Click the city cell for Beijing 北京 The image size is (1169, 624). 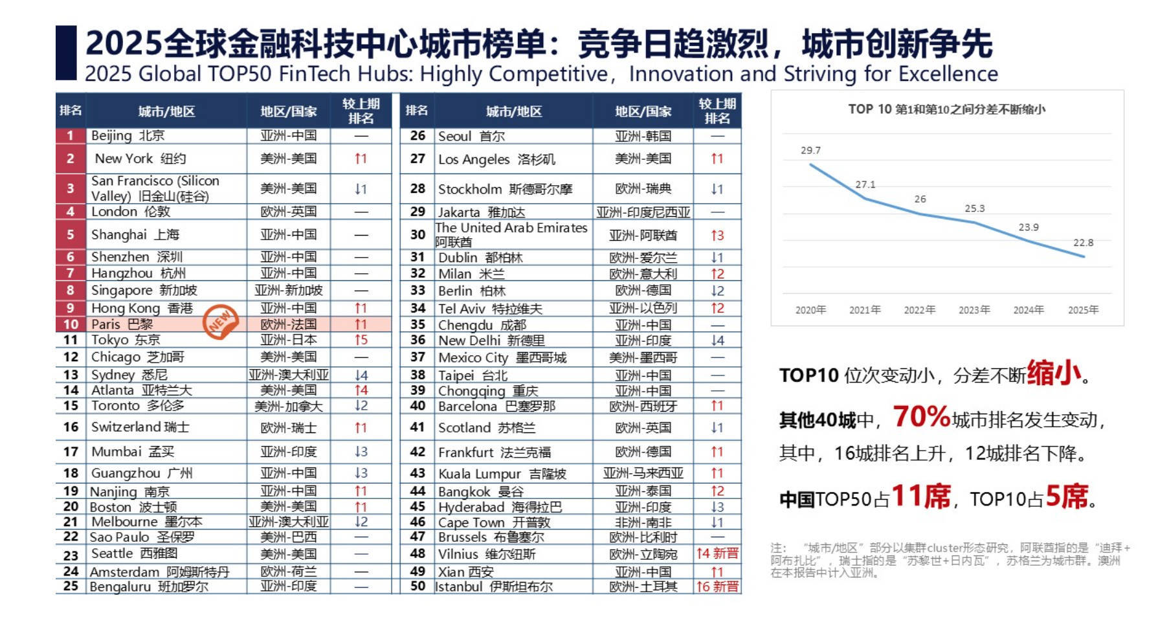click(x=128, y=136)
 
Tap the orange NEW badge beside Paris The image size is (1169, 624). click(x=221, y=321)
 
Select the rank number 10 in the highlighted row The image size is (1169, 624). click(x=71, y=324)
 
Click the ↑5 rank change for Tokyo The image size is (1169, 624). click(x=361, y=340)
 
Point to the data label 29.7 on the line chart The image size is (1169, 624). click(x=810, y=150)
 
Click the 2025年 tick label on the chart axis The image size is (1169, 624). click(x=1083, y=310)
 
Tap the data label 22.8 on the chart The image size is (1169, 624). click(x=1083, y=243)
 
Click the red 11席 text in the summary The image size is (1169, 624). click(x=921, y=497)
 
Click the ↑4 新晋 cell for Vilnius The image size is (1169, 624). click(x=717, y=553)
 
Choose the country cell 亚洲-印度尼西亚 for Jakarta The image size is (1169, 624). click(x=643, y=212)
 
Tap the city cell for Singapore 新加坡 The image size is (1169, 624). click(x=144, y=291)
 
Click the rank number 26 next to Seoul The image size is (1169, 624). click(x=417, y=136)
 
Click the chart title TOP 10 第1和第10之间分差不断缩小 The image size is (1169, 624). click(x=946, y=109)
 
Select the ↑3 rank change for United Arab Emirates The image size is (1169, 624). click(x=717, y=236)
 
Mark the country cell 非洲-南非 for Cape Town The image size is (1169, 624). click(x=643, y=522)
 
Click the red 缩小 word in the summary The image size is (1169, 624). click(x=1054, y=373)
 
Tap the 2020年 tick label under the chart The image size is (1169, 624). click(x=810, y=310)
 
